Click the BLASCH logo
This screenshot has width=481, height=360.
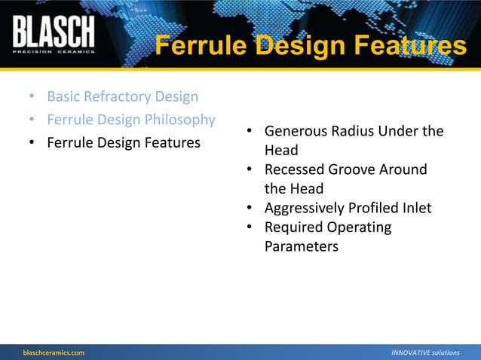tap(54, 32)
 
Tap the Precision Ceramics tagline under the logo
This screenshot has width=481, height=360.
tap(54, 51)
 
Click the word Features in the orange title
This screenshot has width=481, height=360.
tap(408, 47)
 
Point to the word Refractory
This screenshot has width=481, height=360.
tap(119, 96)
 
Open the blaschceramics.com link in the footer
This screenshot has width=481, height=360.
tap(53, 352)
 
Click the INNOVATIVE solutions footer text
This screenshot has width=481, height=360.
tap(425, 352)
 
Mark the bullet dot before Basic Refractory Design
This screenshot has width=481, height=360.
tap(31, 97)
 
